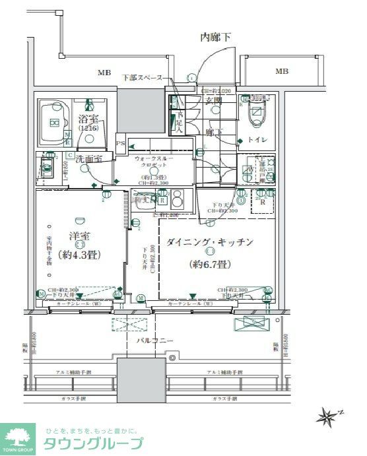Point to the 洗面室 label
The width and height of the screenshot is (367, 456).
[88, 159]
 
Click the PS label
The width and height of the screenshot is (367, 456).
[120, 143]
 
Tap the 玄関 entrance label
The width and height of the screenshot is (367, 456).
[213, 100]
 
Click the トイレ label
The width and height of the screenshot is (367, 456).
[257, 140]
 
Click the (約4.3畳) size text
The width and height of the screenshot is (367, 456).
[78, 254]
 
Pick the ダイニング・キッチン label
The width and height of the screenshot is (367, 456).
[210, 242]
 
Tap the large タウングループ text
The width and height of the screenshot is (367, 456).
[92, 443]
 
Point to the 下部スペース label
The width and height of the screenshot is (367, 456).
[142, 78]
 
